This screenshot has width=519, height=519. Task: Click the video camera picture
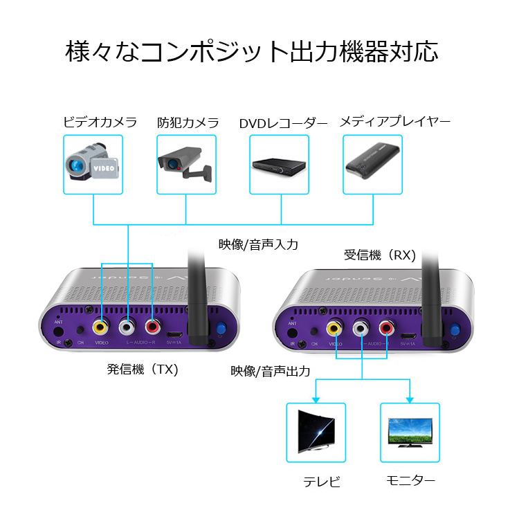(93, 165)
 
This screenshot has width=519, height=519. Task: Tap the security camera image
(186, 165)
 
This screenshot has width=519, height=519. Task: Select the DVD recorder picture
(280, 165)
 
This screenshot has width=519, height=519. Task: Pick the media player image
(373, 165)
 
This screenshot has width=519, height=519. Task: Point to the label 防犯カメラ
(188, 123)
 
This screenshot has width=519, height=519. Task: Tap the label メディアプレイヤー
(394, 122)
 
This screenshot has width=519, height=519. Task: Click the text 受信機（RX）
(380, 255)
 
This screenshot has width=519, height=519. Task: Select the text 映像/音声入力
(258, 244)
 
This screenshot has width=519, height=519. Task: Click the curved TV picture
(316, 432)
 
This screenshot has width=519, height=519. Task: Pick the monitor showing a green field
(410, 432)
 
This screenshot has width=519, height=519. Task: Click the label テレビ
(322, 482)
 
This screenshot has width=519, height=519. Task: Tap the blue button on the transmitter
(221, 330)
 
